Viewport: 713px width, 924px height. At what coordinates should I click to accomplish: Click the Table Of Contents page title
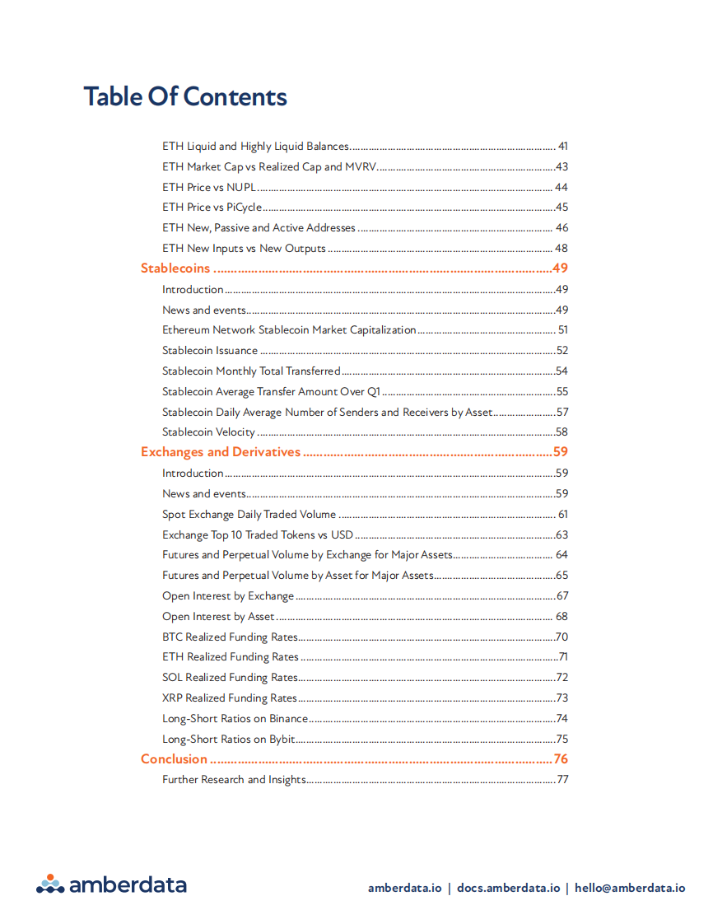pos(185,96)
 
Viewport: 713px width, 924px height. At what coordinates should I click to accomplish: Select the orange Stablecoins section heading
pos(175,268)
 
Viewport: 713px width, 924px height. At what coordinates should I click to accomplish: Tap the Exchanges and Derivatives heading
pos(221,452)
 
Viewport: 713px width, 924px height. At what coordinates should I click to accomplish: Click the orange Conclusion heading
pos(174,759)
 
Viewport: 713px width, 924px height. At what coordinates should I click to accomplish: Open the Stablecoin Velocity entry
pos(208,432)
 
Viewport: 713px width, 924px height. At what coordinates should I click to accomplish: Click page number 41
pos(562,147)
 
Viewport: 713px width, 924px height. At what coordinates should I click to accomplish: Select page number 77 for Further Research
pos(562,780)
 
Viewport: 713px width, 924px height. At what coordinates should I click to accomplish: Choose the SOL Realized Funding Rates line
pos(230,677)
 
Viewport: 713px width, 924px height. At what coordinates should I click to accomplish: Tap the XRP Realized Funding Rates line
pos(230,698)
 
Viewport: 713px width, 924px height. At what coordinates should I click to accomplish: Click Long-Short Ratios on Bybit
pos(228,739)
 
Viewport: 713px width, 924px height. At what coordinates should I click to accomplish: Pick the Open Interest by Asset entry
pos(218,616)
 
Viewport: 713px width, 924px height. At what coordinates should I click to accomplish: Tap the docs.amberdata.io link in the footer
pos(508,888)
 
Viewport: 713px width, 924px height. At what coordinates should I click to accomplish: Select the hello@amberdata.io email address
pos(630,888)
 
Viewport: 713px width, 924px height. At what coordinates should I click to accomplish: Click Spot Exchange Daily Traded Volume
pos(249,514)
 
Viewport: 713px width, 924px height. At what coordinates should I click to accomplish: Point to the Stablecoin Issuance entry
pos(210,350)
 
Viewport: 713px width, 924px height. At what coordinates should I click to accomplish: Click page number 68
pos(562,616)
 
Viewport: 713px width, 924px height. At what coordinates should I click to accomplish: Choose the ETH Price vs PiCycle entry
pos(212,208)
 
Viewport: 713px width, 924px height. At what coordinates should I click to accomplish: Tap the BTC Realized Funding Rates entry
pos(230,637)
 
